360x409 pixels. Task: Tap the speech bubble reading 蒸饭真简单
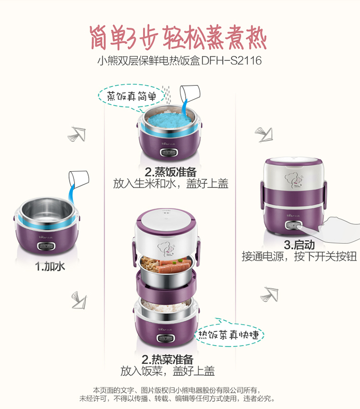tap(132, 96)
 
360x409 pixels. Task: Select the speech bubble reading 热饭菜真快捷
tap(229, 335)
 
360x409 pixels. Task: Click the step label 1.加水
tap(50, 266)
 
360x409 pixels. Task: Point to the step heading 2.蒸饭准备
tap(170, 172)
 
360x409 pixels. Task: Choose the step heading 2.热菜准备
tap(168, 359)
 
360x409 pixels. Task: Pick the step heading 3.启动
tap(299, 245)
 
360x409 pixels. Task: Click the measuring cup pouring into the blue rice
tap(190, 94)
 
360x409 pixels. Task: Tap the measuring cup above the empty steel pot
tap(79, 179)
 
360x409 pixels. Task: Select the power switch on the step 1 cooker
tap(46, 245)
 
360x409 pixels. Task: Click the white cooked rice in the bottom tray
tap(165, 306)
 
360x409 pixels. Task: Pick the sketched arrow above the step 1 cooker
tap(77, 134)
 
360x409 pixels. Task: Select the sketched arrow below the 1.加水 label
tap(79, 300)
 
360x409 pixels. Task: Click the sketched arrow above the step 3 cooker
tap(264, 135)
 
